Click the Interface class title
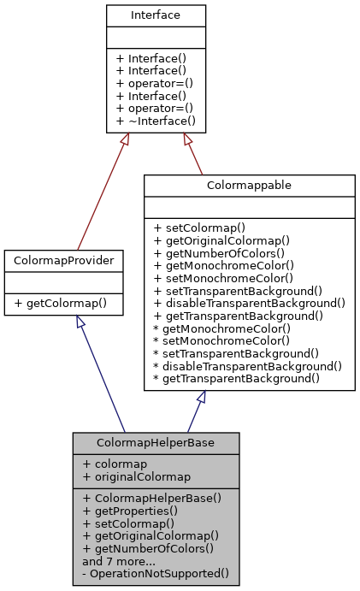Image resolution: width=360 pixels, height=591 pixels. [x=156, y=15]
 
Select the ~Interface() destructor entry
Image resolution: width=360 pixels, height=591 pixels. [x=156, y=121]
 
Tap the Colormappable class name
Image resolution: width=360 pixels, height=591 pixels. [x=249, y=185]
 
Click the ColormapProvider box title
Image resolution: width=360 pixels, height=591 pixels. [x=64, y=259]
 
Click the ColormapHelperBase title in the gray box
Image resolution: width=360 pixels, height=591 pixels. [x=156, y=443]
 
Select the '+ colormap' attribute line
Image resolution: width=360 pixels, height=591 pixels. [x=115, y=464]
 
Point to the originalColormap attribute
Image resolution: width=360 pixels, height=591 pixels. [x=136, y=476]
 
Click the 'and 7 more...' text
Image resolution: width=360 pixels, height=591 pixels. [x=119, y=561]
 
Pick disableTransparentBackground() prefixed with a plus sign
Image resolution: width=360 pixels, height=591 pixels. [x=249, y=303]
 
